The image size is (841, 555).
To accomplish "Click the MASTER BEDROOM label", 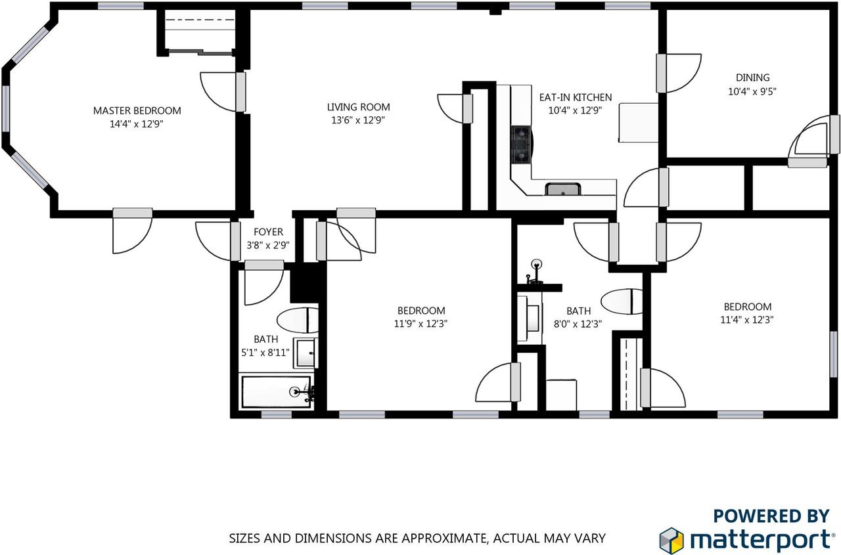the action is pyautogui.click(x=137, y=111).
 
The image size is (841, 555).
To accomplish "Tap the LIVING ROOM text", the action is pyautogui.click(x=359, y=107).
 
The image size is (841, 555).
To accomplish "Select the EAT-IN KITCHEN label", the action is pyautogui.click(x=576, y=98).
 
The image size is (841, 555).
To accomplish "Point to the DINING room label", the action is pyautogui.click(x=752, y=78).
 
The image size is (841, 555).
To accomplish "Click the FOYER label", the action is pyautogui.click(x=268, y=232).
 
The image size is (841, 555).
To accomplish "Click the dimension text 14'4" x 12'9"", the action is pyautogui.click(x=137, y=124).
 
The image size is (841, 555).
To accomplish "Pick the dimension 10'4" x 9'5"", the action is pyautogui.click(x=752, y=91).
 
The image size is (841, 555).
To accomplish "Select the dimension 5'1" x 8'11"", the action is pyautogui.click(x=265, y=352).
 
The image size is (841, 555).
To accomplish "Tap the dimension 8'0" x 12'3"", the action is pyautogui.click(x=578, y=324).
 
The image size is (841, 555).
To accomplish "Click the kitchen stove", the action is pyautogui.click(x=521, y=144).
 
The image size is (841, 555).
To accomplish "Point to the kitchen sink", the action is pyautogui.click(x=563, y=189).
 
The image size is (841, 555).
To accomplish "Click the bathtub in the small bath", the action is pyautogui.click(x=277, y=391).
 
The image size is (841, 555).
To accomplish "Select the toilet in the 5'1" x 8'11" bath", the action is pyautogui.click(x=298, y=320).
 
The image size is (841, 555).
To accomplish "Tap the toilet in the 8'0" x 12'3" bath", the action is pyautogui.click(x=622, y=301).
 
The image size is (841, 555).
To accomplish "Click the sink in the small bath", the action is pyautogui.click(x=306, y=353).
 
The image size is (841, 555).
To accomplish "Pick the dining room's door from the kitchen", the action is pyautogui.click(x=679, y=73).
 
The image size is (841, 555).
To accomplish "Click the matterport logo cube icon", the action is pyautogui.click(x=671, y=541).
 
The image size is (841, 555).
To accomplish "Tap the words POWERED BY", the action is pyautogui.click(x=771, y=516).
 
